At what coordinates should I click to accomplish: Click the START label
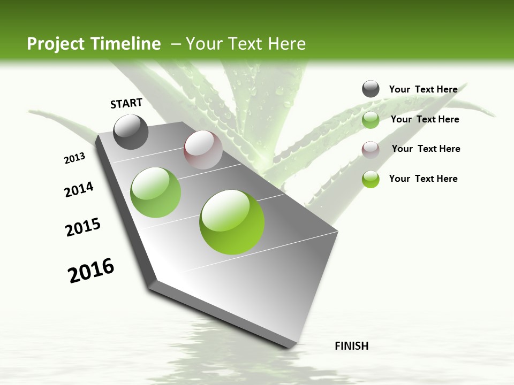point(126,103)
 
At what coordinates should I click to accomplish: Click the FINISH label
point(352,346)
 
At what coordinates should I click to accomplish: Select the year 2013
point(74,158)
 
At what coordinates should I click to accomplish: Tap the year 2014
point(79,190)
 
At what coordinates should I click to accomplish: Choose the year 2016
point(91,271)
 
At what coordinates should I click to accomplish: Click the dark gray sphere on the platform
point(131,132)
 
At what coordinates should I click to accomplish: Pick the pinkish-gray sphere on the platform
point(203,150)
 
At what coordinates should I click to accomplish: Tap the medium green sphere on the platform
point(156,192)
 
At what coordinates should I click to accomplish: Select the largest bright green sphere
point(232,222)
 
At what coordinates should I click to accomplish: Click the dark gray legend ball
point(371,89)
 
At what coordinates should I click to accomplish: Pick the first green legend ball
point(371,120)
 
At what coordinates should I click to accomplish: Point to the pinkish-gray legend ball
point(371,150)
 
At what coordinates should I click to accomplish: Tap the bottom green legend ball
point(371,179)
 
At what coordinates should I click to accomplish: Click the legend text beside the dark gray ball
point(423,89)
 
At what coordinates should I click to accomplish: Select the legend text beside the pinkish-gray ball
point(426,149)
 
